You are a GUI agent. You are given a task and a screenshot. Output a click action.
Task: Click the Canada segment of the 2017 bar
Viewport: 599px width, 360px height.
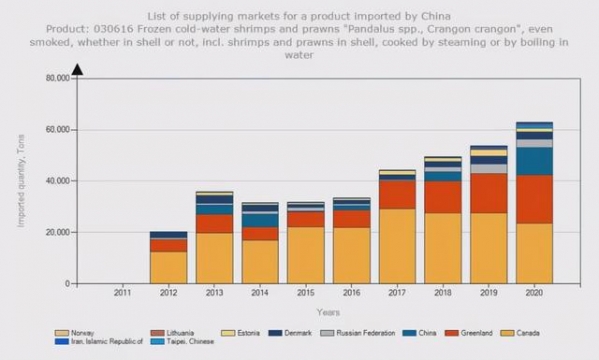(396, 245)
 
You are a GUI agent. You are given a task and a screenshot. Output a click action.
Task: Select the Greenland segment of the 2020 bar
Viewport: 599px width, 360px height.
(533, 199)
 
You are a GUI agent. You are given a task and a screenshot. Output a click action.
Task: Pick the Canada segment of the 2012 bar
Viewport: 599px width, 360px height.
(168, 267)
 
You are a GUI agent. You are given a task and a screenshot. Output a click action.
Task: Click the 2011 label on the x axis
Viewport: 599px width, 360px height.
(122, 292)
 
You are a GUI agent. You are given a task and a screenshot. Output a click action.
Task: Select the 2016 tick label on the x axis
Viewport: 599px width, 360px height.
(351, 292)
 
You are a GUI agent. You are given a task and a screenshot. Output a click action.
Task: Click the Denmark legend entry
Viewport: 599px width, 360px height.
(299, 332)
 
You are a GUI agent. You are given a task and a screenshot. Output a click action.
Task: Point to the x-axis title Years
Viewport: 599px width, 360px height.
(328, 313)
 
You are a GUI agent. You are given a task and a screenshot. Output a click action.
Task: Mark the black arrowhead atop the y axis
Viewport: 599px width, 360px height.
(76, 69)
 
